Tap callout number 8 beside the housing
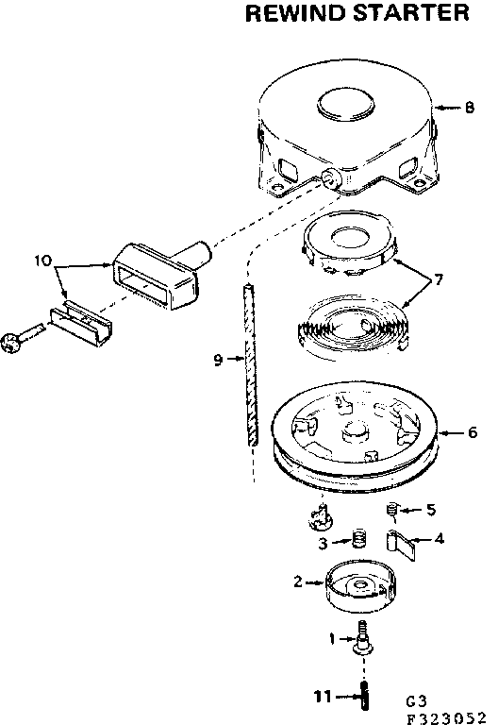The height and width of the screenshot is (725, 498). tap(469, 108)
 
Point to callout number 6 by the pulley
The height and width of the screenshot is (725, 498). tap(471, 433)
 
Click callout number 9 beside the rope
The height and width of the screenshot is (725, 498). tap(217, 359)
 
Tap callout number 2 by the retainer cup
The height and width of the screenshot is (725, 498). tap(298, 582)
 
